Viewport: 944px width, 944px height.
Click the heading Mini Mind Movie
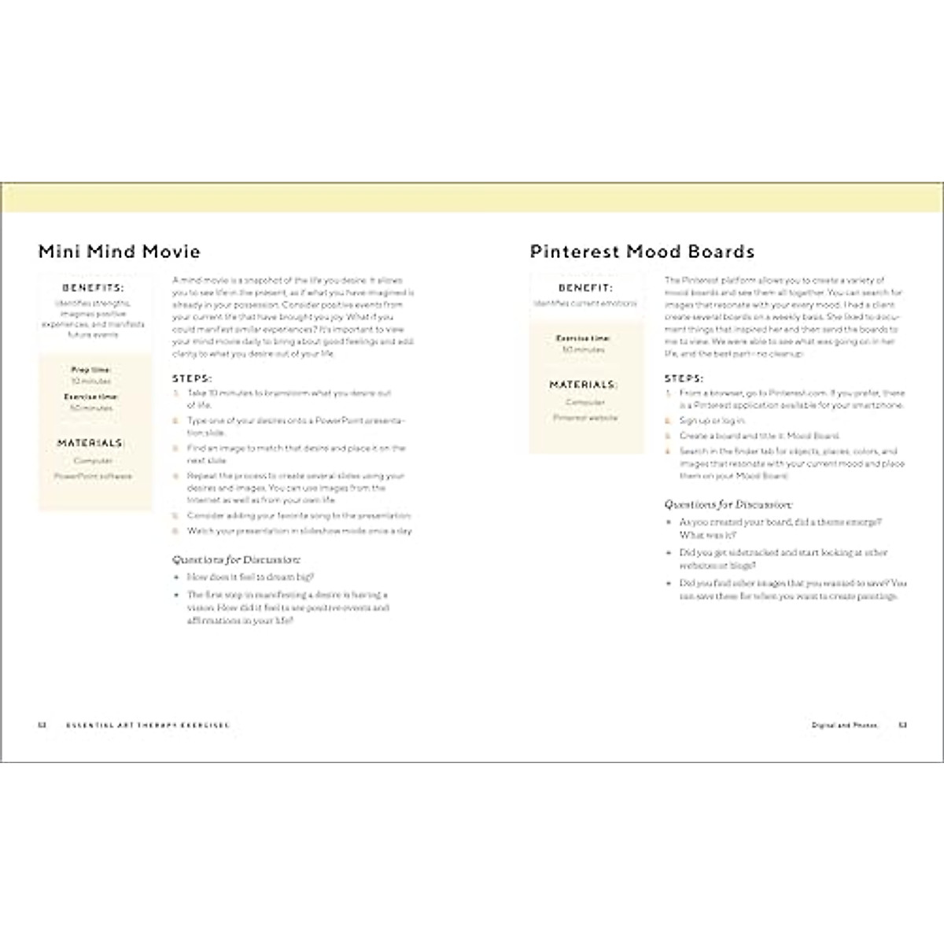click(120, 252)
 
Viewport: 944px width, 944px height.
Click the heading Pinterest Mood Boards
click(642, 252)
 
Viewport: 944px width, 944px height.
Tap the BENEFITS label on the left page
click(94, 288)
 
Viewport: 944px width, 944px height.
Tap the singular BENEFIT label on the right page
click(585, 288)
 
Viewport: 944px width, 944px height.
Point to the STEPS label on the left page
click(192, 378)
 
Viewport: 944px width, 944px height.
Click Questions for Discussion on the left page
click(236, 560)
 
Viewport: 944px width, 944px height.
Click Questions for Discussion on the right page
click(728, 504)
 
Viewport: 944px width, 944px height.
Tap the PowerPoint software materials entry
click(94, 476)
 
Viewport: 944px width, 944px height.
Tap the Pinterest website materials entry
click(585, 418)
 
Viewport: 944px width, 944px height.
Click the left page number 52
click(43, 725)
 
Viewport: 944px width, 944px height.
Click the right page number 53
click(903, 725)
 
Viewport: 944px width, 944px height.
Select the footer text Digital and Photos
click(844, 725)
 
